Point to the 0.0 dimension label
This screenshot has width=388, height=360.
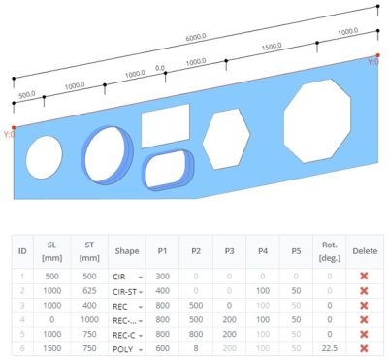pos(160,70)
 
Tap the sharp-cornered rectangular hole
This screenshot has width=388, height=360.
pos(165,126)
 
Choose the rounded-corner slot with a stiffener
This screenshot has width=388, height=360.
pos(170,171)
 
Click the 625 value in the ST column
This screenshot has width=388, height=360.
pos(88,291)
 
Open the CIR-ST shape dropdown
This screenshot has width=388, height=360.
pos(124,291)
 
